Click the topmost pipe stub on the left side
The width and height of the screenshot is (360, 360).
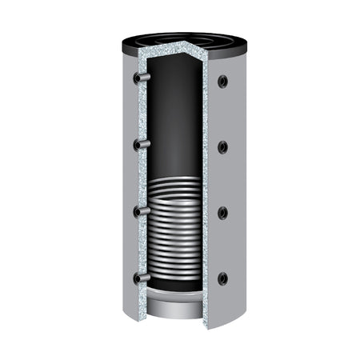141,78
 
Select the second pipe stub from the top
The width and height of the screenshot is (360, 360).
141,144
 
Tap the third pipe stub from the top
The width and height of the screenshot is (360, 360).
141,211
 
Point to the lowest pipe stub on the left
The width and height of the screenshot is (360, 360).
141,278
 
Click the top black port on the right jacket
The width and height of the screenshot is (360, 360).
222,81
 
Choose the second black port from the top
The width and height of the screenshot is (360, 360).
222,146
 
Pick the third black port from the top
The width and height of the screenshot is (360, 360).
222,213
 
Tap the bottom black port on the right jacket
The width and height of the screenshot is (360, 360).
222,278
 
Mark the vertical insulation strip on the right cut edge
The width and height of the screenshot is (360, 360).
206,192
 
